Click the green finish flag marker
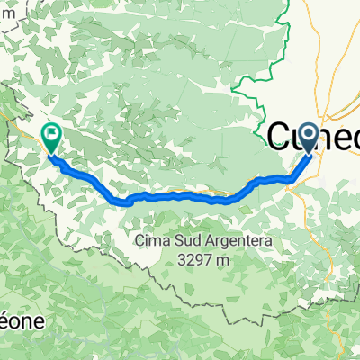[x=51, y=137]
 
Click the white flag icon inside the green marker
[x=51, y=136]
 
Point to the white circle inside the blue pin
[x=309, y=135]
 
